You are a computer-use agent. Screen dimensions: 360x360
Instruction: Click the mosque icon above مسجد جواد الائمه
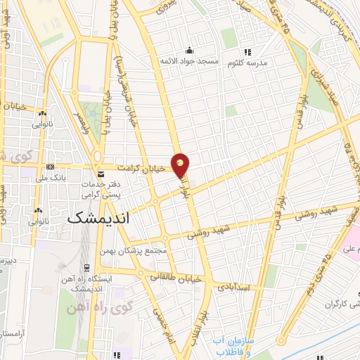point(189,50)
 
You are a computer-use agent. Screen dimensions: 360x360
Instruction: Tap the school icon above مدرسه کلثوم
point(247,51)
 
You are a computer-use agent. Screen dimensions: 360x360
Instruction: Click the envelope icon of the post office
point(101,172)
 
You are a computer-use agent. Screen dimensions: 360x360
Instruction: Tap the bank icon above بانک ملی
point(50,167)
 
